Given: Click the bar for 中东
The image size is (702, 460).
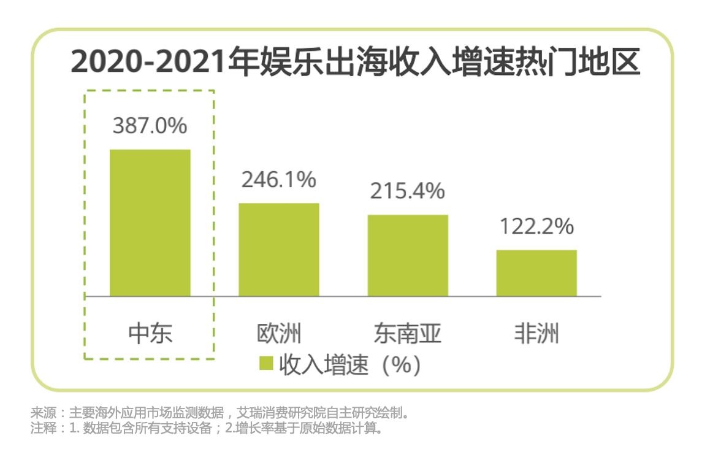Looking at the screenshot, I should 150,223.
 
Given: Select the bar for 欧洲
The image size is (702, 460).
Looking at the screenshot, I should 278,250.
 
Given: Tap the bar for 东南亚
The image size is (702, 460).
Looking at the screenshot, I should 408,255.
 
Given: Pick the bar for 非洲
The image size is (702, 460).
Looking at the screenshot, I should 536,273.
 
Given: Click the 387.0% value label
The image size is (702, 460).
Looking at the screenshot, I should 150,126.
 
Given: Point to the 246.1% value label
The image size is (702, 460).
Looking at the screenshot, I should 278,180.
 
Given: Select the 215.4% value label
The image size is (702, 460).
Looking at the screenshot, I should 407,191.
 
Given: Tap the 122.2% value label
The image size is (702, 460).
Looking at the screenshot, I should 536,226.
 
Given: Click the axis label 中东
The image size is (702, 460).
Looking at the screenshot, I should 150,333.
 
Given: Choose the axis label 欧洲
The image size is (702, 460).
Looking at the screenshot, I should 279,333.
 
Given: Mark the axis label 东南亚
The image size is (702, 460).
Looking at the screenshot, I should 408,333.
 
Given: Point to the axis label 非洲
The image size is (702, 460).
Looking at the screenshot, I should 536,333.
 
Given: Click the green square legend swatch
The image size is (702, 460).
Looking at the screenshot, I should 265,364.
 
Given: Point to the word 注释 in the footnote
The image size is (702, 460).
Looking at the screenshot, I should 40,428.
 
